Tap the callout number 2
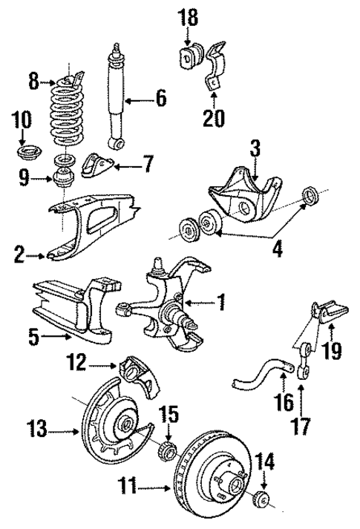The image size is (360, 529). tap(19, 257)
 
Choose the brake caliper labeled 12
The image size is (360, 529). tap(140, 377)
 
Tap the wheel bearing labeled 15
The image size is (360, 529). tap(168, 450)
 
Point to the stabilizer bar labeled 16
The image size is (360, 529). tap(256, 371)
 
